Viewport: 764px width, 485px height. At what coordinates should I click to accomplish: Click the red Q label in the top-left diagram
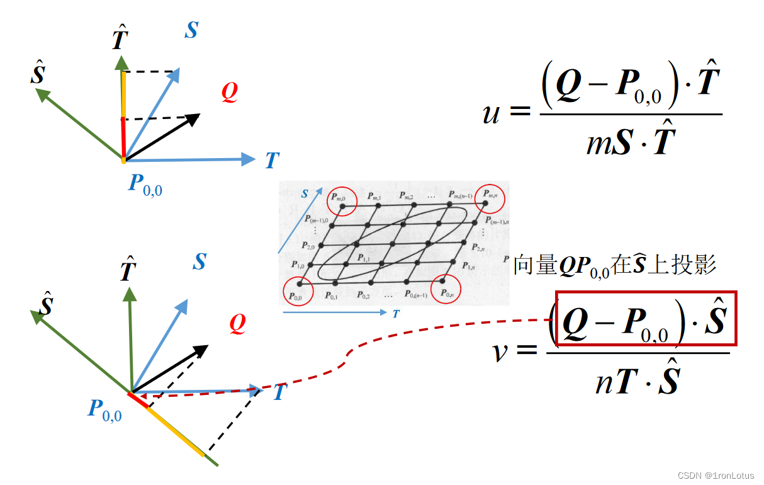click(230, 93)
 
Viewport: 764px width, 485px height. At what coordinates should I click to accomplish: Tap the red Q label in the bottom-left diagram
click(237, 324)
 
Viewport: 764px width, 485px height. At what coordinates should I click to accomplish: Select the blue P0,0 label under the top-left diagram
click(145, 185)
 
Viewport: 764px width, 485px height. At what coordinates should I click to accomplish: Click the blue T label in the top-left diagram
click(272, 161)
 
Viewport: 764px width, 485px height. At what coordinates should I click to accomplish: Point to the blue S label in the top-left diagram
click(191, 30)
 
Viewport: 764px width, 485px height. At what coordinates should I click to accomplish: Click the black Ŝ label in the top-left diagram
click(38, 74)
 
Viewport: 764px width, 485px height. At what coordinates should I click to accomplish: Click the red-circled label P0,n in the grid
click(447, 294)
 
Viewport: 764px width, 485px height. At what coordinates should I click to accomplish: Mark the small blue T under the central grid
click(395, 313)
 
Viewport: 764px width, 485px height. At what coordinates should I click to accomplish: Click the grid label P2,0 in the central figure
click(308, 246)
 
